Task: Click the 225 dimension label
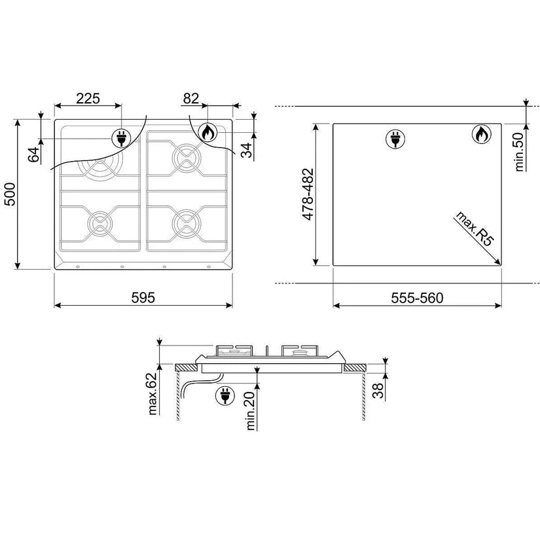[x=88, y=98]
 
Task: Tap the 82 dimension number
[x=190, y=98]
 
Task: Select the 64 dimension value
[x=34, y=155]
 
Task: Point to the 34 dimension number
[x=247, y=150]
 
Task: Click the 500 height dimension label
[x=10, y=194]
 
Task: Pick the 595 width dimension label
[x=143, y=298]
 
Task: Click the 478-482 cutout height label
[x=308, y=194]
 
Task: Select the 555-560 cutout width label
[x=417, y=298]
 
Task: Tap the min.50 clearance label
[x=519, y=152]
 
